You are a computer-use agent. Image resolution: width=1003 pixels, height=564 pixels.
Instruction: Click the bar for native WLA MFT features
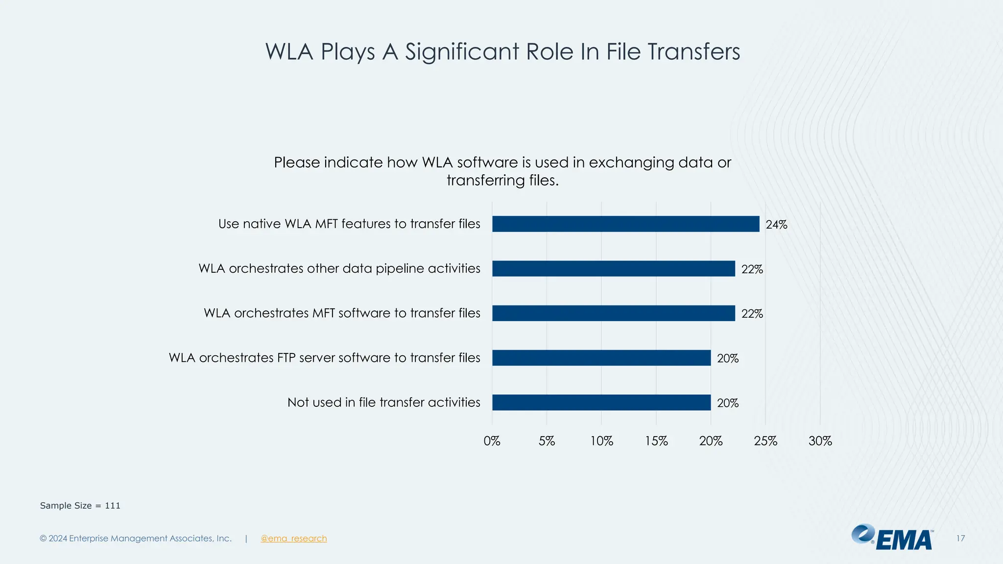tap(625, 224)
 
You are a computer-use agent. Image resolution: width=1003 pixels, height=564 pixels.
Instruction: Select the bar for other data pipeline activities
tap(613, 268)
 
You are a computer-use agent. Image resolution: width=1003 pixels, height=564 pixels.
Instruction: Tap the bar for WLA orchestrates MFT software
tap(613, 313)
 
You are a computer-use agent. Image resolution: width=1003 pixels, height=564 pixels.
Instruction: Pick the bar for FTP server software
tap(601, 358)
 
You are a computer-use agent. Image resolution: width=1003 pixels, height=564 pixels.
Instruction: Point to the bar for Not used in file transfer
tap(601, 402)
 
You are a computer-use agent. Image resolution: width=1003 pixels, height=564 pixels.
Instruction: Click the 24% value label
tap(776, 225)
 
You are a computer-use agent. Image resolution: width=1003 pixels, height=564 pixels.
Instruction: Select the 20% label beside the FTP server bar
tap(727, 358)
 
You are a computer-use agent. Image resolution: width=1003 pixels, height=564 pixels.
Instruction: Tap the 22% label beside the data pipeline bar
tap(752, 269)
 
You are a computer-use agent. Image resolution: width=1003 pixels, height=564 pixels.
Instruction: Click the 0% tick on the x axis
tap(492, 441)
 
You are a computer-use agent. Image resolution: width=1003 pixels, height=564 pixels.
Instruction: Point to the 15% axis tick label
tap(656, 441)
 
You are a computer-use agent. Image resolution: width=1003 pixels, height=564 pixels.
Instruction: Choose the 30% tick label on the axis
tap(820, 441)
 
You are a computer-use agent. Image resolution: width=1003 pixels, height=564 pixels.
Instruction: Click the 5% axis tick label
tap(547, 441)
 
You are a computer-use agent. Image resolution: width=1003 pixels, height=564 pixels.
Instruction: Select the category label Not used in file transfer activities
tap(383, 402)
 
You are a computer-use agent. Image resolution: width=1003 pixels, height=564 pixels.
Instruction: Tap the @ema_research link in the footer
tap(293, 539)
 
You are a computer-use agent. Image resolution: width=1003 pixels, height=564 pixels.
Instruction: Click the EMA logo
tap(892, 538)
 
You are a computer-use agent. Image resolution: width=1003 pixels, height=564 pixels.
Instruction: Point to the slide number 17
tap(960, 539)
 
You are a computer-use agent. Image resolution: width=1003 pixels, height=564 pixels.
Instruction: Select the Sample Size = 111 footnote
tap(80, 506)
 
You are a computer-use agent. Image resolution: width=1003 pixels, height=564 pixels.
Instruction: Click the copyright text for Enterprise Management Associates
tap(136, 539)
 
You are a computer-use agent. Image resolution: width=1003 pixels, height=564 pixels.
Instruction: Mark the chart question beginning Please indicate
tap(502, 171)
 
